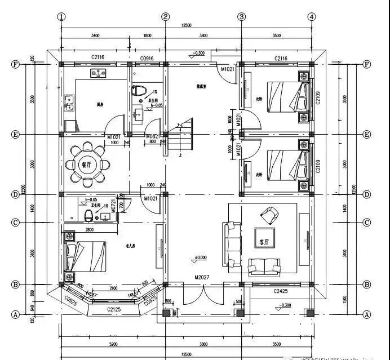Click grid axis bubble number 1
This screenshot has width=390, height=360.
point(60,17)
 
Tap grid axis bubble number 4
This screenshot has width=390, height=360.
point(312,17)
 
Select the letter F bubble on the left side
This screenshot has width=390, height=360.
point(16,64)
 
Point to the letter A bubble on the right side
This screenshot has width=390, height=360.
point(367,314)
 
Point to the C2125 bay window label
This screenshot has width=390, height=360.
point(114,309)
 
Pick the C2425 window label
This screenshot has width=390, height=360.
point(281,291)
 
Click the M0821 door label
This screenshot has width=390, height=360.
point(152,137)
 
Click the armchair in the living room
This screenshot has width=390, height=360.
point(269,215)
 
